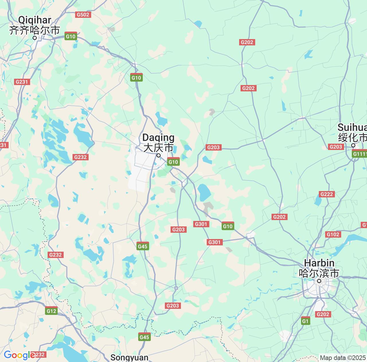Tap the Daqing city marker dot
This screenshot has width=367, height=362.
click(x=158, y=155)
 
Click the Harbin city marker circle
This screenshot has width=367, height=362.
click(x=319, y=281)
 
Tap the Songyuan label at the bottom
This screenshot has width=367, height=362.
click(x=129, y=358)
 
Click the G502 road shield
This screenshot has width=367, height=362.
click(x=83, y=15)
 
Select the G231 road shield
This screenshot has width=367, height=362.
click(x=22, y=82)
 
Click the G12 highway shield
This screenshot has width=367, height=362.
click(x=51, y=311)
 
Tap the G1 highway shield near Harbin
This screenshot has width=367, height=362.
click(x=306, y=321)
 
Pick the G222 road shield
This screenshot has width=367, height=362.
click(x=327, y=194)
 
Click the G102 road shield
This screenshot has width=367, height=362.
click(x=333, y=234)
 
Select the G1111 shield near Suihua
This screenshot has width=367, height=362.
click(x=360, y=154)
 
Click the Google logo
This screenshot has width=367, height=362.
click(x=19, y=355)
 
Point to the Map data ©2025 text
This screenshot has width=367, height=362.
click(x=343, y=358)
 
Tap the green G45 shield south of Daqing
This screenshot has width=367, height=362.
click(x=142, y=246)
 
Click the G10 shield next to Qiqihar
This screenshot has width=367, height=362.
click(x=71, y=36)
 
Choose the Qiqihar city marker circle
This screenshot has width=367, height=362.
click(x=34, y=38)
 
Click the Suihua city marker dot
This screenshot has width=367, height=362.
click(x=353, y=145)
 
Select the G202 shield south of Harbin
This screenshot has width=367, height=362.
click(x=323, y=314)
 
